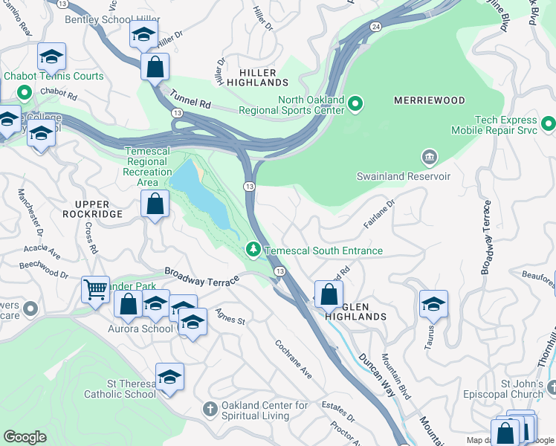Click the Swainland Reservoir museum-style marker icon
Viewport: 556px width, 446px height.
(429, 157)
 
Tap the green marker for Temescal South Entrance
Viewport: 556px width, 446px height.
(253, 248)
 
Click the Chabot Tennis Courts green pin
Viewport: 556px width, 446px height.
(23, 92)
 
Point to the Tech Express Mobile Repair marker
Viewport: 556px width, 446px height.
(548, 123)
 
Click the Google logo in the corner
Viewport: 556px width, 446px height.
(25, 437)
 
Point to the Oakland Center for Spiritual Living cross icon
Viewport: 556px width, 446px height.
(210, 409)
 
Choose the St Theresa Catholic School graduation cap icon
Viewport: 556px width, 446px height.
(169, 376)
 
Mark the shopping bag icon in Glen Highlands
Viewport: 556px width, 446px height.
(328, 293)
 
